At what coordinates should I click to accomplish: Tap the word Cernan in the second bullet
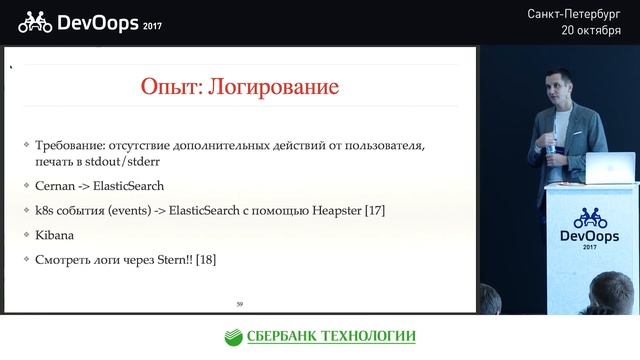click(59, 186)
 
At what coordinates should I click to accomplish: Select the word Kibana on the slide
click(56, 235)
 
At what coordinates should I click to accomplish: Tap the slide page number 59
click(239, 303)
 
